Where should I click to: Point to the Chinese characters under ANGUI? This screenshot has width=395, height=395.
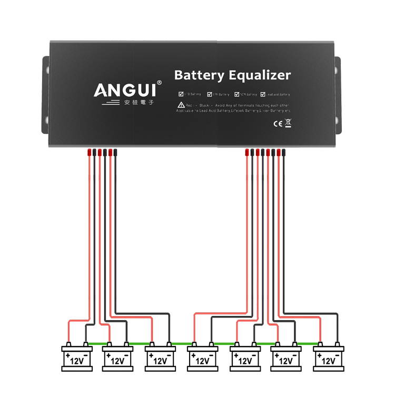coord(139,103)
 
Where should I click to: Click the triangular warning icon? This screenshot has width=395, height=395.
coord(181,105)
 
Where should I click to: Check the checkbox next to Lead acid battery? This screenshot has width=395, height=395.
coord(263,94)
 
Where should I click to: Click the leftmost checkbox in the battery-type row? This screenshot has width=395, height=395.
coord(181,94)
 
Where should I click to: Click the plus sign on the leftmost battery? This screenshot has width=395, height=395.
coord(67,356)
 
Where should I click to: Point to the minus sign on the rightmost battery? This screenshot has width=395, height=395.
coord(340,356)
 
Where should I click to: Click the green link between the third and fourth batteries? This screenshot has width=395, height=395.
coord(181,338)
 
